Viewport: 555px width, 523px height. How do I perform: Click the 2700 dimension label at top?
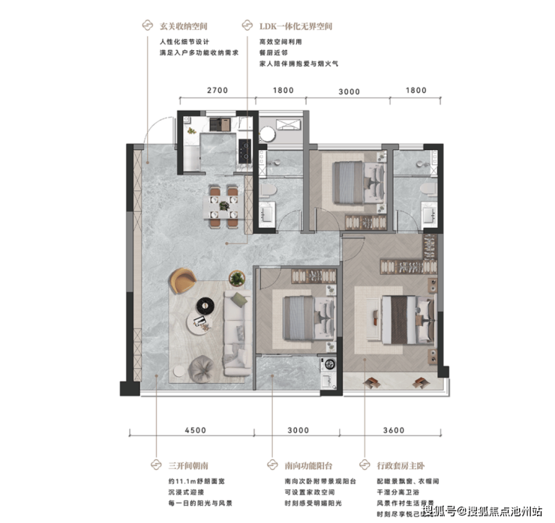coord(217,91)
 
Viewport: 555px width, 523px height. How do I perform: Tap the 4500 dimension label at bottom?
coord(196,430)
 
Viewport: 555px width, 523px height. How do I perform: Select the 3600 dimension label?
coord(394,430)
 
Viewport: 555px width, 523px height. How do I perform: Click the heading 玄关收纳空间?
coord(183,26)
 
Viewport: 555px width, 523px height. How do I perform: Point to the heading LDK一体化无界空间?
coord(296,26)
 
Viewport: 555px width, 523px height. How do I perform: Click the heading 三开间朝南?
coord(188,466)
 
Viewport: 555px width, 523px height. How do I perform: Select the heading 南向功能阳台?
coord(309,466)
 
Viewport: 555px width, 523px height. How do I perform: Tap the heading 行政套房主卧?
coord(400,466)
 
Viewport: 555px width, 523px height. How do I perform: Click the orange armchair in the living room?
coord(183,281)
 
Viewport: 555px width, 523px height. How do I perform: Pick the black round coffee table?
coord(205,305)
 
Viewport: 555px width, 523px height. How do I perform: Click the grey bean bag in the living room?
coord(201,369)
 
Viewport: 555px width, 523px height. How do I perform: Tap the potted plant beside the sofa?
coord(237,278)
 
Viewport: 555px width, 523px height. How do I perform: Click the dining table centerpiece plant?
coord(223,205)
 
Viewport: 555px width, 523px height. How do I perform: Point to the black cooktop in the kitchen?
coord(244,151)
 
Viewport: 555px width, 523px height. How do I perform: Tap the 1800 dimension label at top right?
coord(416,91)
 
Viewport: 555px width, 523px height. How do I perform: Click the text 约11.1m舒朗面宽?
coord(196,481)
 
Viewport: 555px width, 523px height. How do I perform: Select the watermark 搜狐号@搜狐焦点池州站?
coord(483,511)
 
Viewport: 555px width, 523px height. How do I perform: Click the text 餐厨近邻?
coord(274,52)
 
